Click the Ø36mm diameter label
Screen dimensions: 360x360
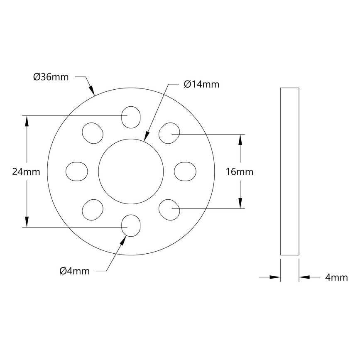[x=51, y=77]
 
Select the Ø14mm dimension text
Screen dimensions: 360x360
[x=201, y=84]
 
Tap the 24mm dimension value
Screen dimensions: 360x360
[x=26, y=171]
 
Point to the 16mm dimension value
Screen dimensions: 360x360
[x=239, y=171]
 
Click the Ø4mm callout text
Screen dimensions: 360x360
[x=74, y=271]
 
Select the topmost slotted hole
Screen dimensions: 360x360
[x=130, y=116]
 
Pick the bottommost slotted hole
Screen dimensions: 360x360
[x=130, y=225]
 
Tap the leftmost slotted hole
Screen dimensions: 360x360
[x=77, y=171]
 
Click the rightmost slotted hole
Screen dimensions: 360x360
[x=185, y=171]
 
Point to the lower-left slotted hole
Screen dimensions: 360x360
[x=93, y=210]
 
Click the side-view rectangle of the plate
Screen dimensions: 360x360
[x=289, y=171]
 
